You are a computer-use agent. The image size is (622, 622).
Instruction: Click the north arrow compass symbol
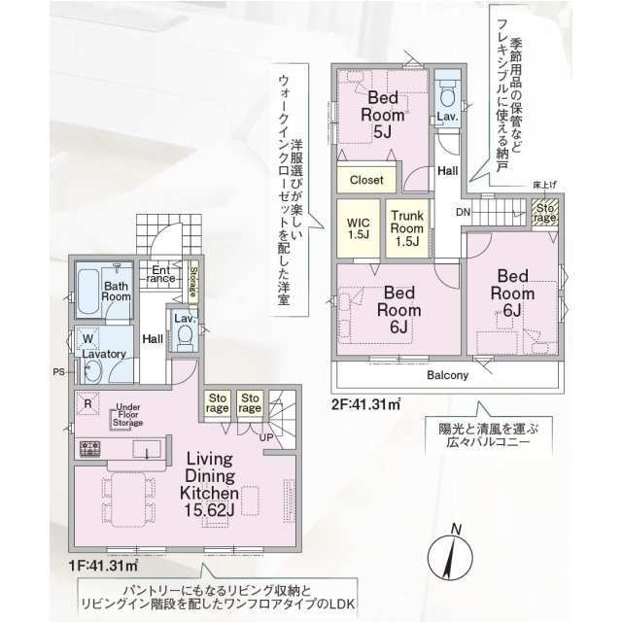coord(449,554)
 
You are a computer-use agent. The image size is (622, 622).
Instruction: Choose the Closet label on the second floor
coord(366,180)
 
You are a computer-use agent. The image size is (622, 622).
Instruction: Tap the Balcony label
coord(447,375)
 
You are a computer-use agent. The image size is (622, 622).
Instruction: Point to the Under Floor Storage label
coord(128,415)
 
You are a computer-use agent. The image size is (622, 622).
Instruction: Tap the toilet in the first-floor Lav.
coord(184,336)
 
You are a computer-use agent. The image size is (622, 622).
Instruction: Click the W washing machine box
coord(87,338)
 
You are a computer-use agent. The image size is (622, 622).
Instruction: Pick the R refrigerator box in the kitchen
coord(88,401)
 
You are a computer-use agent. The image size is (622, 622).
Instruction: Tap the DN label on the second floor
coord(465,212)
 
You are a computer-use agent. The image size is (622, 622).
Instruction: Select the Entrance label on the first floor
coord(161,274)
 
